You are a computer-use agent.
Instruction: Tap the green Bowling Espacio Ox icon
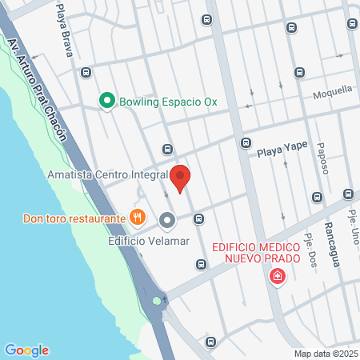point(106,101)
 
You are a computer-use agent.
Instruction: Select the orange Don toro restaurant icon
point(138,217)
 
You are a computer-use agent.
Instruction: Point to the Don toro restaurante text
point(74,218)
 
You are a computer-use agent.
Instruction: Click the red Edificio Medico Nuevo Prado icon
point(278,277)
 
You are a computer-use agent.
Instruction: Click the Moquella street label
point(332,90)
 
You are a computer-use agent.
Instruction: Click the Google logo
point(26,350)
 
